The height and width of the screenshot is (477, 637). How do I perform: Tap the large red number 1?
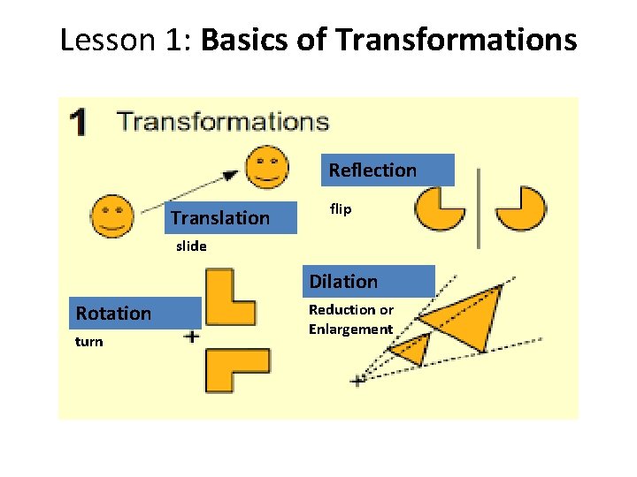click(x=80, y=123)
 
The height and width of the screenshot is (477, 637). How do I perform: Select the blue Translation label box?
click(x=231, y=217)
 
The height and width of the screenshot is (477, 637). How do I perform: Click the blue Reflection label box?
click(x=389, y=170)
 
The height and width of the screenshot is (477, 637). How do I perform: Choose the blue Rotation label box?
click(x=137, y=314)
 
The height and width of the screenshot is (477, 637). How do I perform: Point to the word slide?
click(x=191, y=246)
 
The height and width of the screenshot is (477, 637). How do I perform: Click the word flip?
click(x=341, y=209)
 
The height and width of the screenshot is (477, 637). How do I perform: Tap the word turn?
click(x=89, y=342)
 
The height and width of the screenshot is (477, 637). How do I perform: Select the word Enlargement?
click(x=350, y=329)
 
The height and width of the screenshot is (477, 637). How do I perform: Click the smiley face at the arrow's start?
click(x=112, y=216)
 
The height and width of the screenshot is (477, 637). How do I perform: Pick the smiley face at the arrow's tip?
click(x=266, y=167)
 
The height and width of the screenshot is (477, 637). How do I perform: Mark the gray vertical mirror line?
click(x=480, y=208)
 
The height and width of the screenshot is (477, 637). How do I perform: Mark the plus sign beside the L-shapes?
click(x=192, y=337)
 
